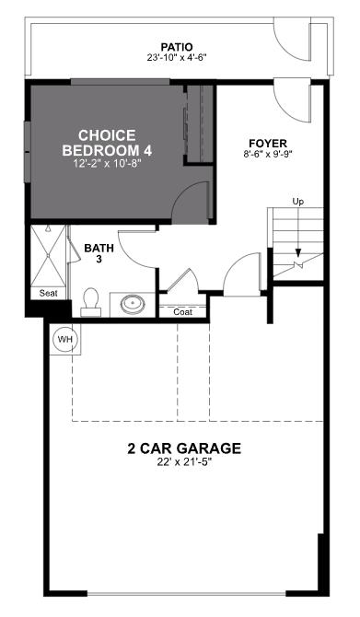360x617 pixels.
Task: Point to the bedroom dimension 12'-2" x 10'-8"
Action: (109, 163)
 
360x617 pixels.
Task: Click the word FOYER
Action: (268, 143)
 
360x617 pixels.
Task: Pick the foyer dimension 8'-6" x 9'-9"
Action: (268, 156)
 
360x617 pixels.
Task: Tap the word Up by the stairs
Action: (297, 201)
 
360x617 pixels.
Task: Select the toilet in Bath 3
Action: (89, 301)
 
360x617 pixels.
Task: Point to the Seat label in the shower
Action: (48, 293)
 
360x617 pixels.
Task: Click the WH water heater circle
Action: (64, 339)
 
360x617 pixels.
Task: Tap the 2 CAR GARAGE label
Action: (184, 448)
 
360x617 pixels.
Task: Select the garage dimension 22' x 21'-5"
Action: (184, 463)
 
